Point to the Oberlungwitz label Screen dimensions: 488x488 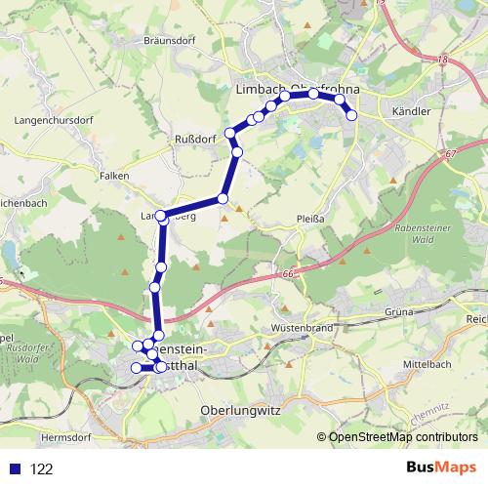click(x=239, y=411)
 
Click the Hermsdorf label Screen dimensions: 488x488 click(x=65, y=437)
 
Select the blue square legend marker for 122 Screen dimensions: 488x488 click(x=12, y=468)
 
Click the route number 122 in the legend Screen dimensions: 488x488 click(x=42, y=469)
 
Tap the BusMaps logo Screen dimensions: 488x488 click(x=442, y=468)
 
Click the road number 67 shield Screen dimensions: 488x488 click(x=448, y=154)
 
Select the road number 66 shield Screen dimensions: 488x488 click(x=290, y=275)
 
